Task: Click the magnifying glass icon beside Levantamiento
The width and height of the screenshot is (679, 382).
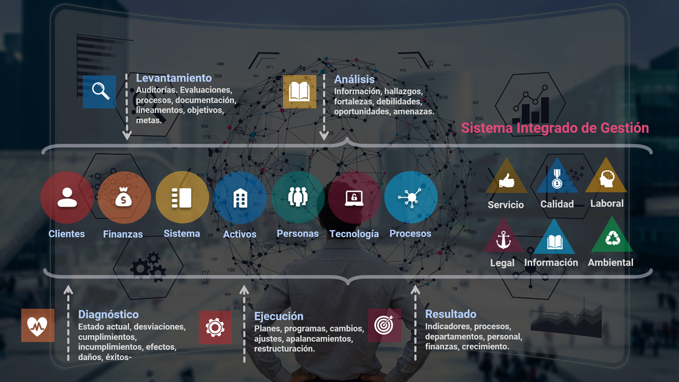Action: (100, 92)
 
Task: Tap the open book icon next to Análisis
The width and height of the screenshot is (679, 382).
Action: (300, 92)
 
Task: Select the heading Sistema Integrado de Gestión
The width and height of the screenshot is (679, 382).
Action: (555, 128)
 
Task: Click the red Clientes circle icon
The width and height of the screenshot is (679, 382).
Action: (67, 198)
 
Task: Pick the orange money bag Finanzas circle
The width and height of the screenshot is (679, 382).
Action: (124, 198)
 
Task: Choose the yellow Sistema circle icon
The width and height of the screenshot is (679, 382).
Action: (182, 198)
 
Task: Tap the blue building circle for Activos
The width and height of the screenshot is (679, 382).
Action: (240, 198)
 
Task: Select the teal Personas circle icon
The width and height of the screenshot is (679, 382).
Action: (298, 198)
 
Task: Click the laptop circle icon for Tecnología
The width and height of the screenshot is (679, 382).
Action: (354, 198)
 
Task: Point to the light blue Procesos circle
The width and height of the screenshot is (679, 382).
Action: (410, 198)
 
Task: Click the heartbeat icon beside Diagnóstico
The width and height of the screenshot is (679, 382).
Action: (37, 326)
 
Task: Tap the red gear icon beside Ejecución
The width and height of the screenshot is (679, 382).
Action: (215, 327)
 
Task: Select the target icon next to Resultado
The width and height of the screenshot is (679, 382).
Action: (384, 325)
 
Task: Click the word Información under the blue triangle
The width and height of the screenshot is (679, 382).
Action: (551, 263)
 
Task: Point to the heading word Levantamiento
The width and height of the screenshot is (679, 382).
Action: (173, 78)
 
